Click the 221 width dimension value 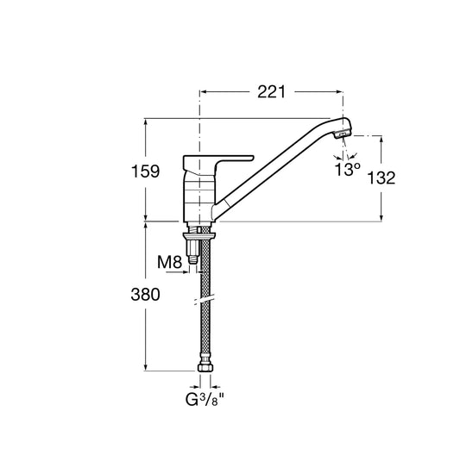click(271, 92)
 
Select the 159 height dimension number click(145, 171)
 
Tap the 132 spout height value click(381, 178)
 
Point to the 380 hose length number click(145, 295)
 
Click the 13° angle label click(347, 169)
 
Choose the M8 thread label click(169, 262)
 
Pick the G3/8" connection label click(205, 399)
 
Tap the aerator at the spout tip click(342, 134)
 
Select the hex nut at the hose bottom click(205, 367)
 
